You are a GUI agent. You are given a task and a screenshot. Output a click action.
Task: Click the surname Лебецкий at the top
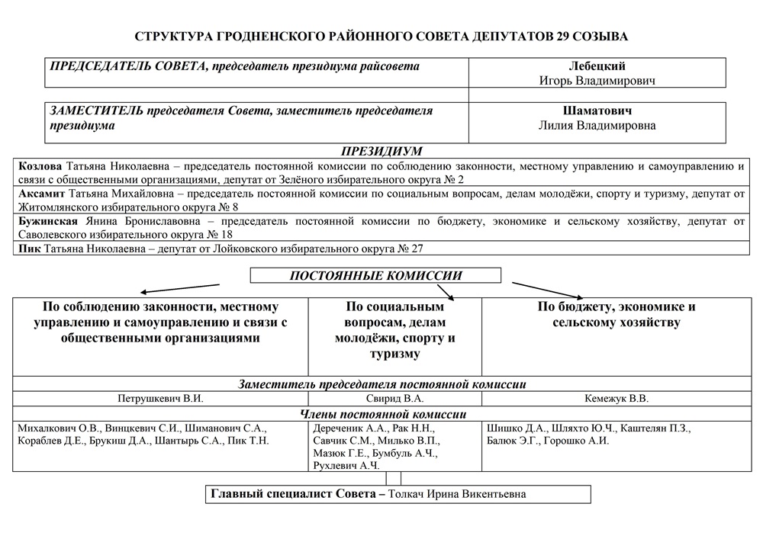coord(597,66)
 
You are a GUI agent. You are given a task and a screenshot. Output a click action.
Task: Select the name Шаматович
coord(597,111)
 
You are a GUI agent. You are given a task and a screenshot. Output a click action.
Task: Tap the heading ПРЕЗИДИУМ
coord(381,151)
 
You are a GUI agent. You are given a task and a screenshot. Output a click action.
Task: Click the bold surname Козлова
coord(40,165)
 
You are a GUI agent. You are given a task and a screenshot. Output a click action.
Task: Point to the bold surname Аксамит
coord(42,194)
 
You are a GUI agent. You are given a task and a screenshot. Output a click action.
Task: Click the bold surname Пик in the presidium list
coord(28,249)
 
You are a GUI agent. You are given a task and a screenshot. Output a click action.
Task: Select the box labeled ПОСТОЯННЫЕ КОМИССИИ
coord(376,276)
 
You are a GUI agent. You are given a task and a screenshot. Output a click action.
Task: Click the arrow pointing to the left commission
coord(179,288)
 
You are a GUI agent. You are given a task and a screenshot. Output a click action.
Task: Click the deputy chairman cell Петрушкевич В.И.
coord(160,398)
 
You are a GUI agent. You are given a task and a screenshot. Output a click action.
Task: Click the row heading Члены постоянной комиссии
coord(383,414)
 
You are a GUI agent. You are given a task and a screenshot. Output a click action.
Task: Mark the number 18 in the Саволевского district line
coord(226,235)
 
